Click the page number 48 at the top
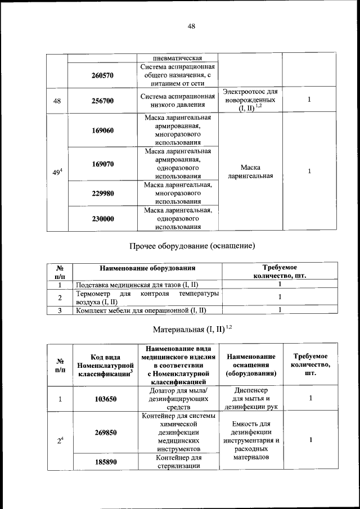pyautogui.click(x=191, y=26)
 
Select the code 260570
pyautogui.click(x=103, y=75)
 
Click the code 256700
pyautogui.click(x=103, y=101)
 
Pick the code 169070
pyautogui.click(x=103, y=164)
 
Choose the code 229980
pyautogui.click(x=103, y=193)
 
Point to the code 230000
pyautogui.click(x=103, y=219)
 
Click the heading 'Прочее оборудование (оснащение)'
pyautogui.click(x=192, y=246)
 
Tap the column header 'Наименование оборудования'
pyautogui.click(x=147, y=268)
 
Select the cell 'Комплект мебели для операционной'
pyautogui.click(x=141, y=310)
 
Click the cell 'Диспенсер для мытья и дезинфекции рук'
pyautogui.click(x=250, y=398)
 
